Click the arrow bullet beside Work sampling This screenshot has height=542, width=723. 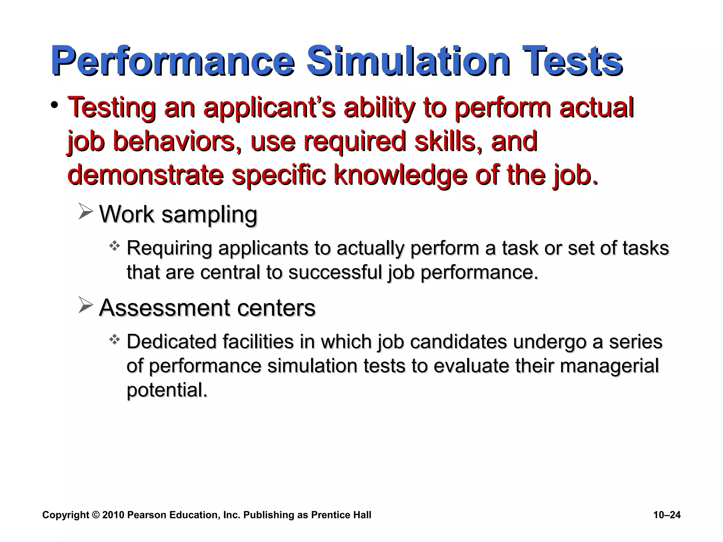click(86, 212)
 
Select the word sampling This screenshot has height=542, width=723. click(209, 214)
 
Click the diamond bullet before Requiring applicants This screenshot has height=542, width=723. click(114, 246)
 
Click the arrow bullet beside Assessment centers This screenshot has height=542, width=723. click(86, 305)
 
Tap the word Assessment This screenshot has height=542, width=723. click(165, 307)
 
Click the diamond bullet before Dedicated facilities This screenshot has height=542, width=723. click(114, 340)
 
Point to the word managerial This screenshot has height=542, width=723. click(609, 366)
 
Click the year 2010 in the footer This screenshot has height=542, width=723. click(113, 515)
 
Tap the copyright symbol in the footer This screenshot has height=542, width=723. click(96, 515)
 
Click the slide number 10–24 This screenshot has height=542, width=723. click(667, 515)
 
